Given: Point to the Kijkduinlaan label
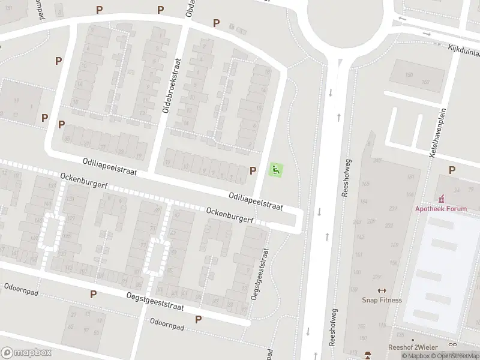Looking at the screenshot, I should (x=457, y=54).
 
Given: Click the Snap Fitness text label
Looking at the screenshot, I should (x=382, y=300).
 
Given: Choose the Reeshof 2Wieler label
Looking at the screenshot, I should (x=412, y=347).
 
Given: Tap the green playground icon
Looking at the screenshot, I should (x=275, y=170).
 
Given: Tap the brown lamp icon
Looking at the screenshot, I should (x=368, y=354).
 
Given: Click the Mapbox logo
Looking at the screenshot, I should (x=26, y=353).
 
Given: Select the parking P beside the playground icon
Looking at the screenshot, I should (x=253, y=170).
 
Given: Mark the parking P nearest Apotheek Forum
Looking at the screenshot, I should (x=452, y=170).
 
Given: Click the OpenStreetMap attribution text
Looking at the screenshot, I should (x=457, y=356).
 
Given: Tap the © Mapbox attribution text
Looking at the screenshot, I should (x=416, y=356).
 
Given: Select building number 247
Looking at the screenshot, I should (x=377, y=161).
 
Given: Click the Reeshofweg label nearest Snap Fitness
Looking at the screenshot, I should (x=334, y=328).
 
